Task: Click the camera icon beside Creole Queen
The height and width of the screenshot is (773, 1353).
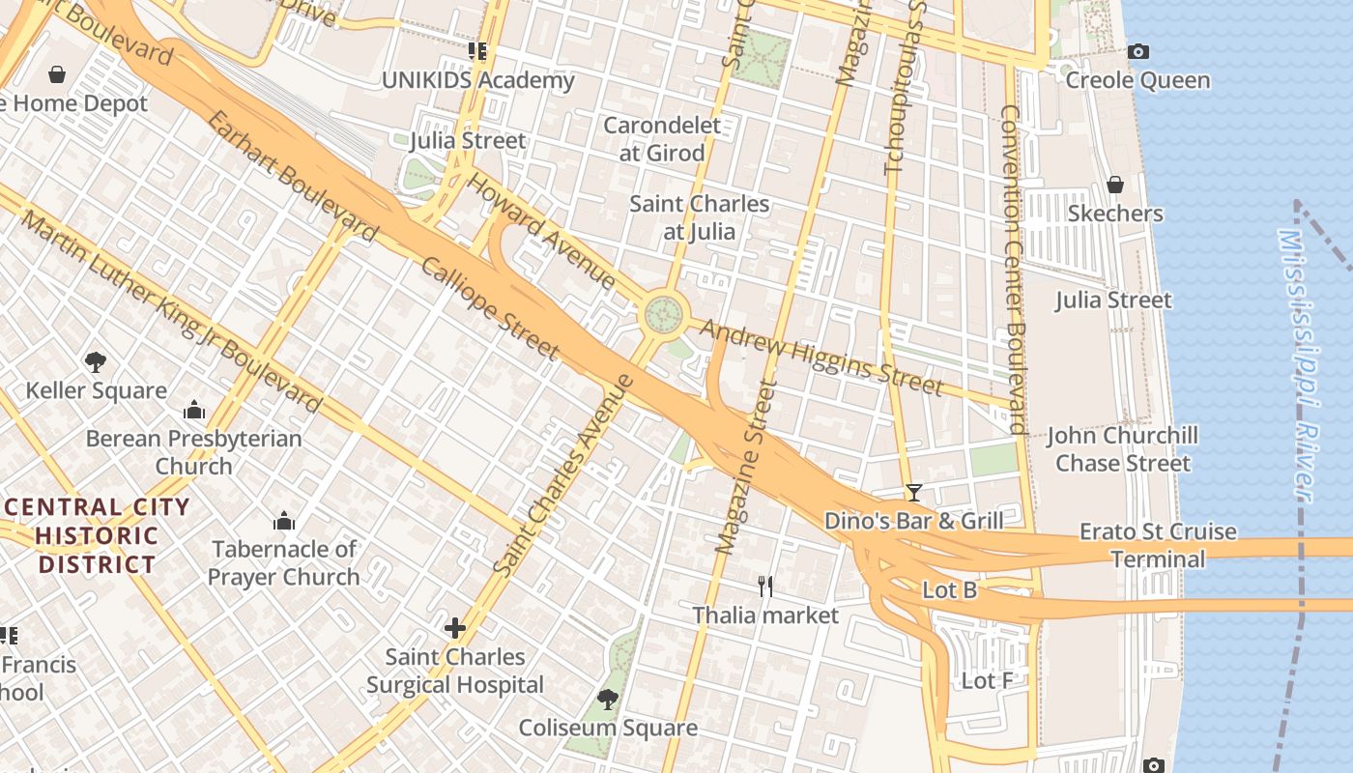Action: tap(1138, 52)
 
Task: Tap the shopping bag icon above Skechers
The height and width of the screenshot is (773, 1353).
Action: tap(1114, 185)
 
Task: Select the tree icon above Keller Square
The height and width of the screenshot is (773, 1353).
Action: tap(95, 362)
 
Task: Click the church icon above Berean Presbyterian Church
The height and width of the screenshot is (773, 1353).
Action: tap(194, 410)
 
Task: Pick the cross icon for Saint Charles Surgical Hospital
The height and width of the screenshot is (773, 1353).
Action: tap(454, 628)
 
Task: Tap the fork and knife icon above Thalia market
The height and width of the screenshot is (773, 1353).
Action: tap(765, 586)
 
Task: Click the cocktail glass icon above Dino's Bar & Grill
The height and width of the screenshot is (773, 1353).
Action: tap(913, 492)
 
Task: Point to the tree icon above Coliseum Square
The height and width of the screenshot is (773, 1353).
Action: tap(608, 699)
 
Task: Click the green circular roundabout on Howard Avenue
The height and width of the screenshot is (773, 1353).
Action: tap(664, 314)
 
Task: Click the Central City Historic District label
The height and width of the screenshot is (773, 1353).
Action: tap(96, 535)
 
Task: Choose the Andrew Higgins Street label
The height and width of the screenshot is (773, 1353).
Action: tap(820, 358)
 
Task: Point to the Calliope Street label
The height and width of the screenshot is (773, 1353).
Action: tap(490, 308)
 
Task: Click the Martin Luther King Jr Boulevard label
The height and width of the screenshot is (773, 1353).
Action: tap(170, 312)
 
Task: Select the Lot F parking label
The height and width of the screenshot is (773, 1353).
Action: tap(987, 681)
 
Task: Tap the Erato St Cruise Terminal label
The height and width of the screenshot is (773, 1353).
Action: tap(1157, 545)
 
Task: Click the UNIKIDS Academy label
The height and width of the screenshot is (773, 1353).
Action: tap(477, 80)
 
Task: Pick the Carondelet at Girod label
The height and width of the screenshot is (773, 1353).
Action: tap(662, 138)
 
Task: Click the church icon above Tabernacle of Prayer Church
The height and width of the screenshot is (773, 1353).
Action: tap(284, 522)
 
